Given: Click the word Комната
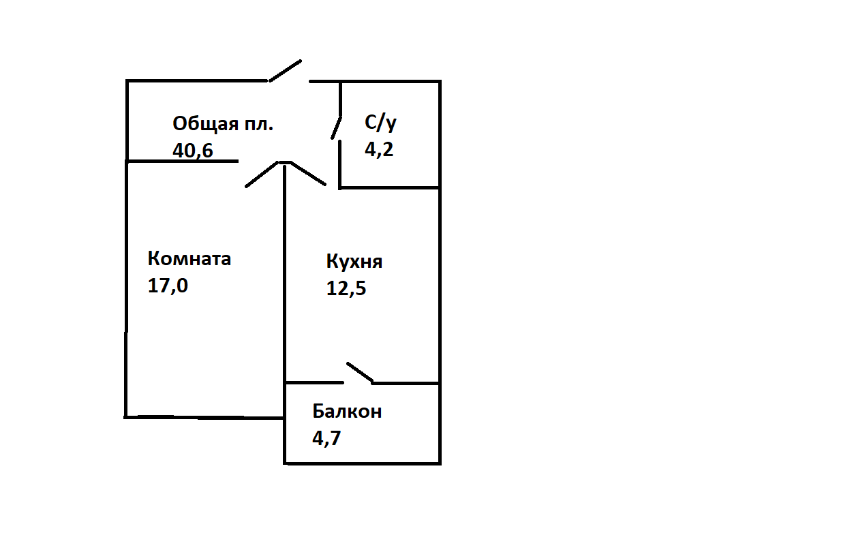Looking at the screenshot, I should coord(189,260).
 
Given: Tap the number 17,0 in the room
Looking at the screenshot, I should coord(168,286).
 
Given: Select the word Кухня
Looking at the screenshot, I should coord(354,262).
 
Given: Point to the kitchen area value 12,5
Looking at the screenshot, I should coord(346,288).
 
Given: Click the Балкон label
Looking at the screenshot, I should coord(347,412).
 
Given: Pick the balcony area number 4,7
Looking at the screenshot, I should coord(326,438).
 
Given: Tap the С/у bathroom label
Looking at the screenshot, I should coord(380,123).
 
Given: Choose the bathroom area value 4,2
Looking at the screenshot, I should coord(379,149).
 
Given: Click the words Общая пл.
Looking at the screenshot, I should coord(223,125).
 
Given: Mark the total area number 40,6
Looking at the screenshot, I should coord(193,151).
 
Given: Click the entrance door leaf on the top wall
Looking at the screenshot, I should coord(285,70).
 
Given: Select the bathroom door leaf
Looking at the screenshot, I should coord(336,127).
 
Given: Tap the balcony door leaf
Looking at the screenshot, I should coord(359,372).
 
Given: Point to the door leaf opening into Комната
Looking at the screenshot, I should coord(262,174).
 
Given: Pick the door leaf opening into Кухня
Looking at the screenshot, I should coord(308,174).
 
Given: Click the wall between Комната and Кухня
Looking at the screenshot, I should coord(285,273).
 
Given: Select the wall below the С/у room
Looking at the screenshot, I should coord(389,187).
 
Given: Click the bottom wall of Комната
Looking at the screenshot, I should coord(204,416).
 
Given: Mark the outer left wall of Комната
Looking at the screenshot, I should coord(127,286).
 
